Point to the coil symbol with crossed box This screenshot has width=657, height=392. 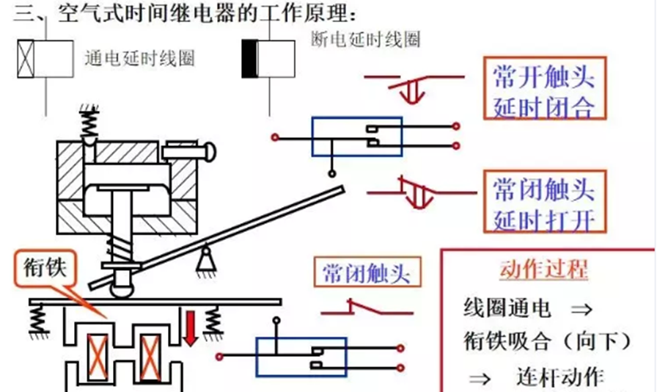tap(45, 59)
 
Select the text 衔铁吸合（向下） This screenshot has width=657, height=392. tap(547, 341)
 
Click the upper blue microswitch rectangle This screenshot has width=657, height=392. tap(356, 137)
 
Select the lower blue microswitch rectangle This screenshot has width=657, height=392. tap(301, 357)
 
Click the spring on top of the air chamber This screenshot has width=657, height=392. tap(88, 125)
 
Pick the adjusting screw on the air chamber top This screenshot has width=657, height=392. tap(187, 152)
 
